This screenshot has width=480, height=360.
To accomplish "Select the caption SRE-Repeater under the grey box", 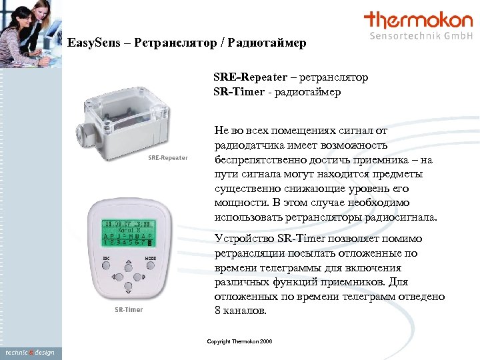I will click(x=167, y=158).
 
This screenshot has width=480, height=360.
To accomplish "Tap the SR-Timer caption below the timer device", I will click(x=129, y=309).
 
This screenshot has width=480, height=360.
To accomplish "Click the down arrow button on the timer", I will click(x=127, y=287).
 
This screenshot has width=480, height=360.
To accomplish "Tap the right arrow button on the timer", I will click(x=138, y=276).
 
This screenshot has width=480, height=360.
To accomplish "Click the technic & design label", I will click(x=29, y=352).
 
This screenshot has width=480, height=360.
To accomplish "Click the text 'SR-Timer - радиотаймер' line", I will click(x=277, y=92).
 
